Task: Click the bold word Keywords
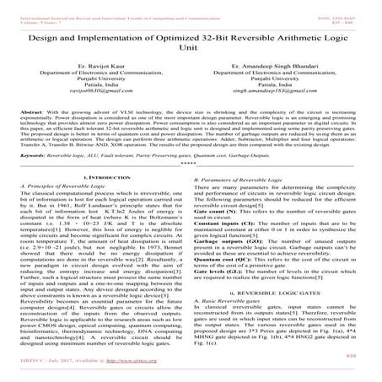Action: click(x=38, y=157)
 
